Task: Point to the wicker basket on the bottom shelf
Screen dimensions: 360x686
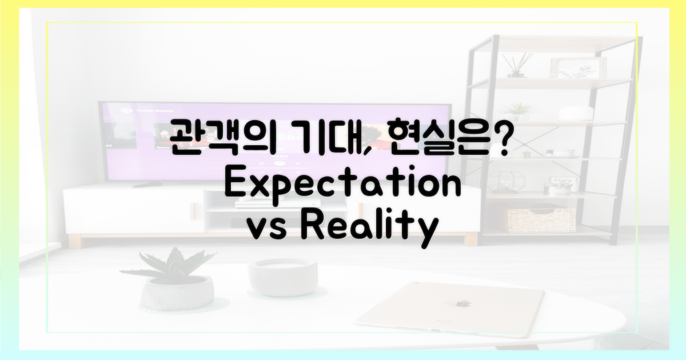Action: (x=541, y=220)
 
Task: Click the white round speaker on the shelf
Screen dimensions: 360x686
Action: (x=575, y=114)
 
